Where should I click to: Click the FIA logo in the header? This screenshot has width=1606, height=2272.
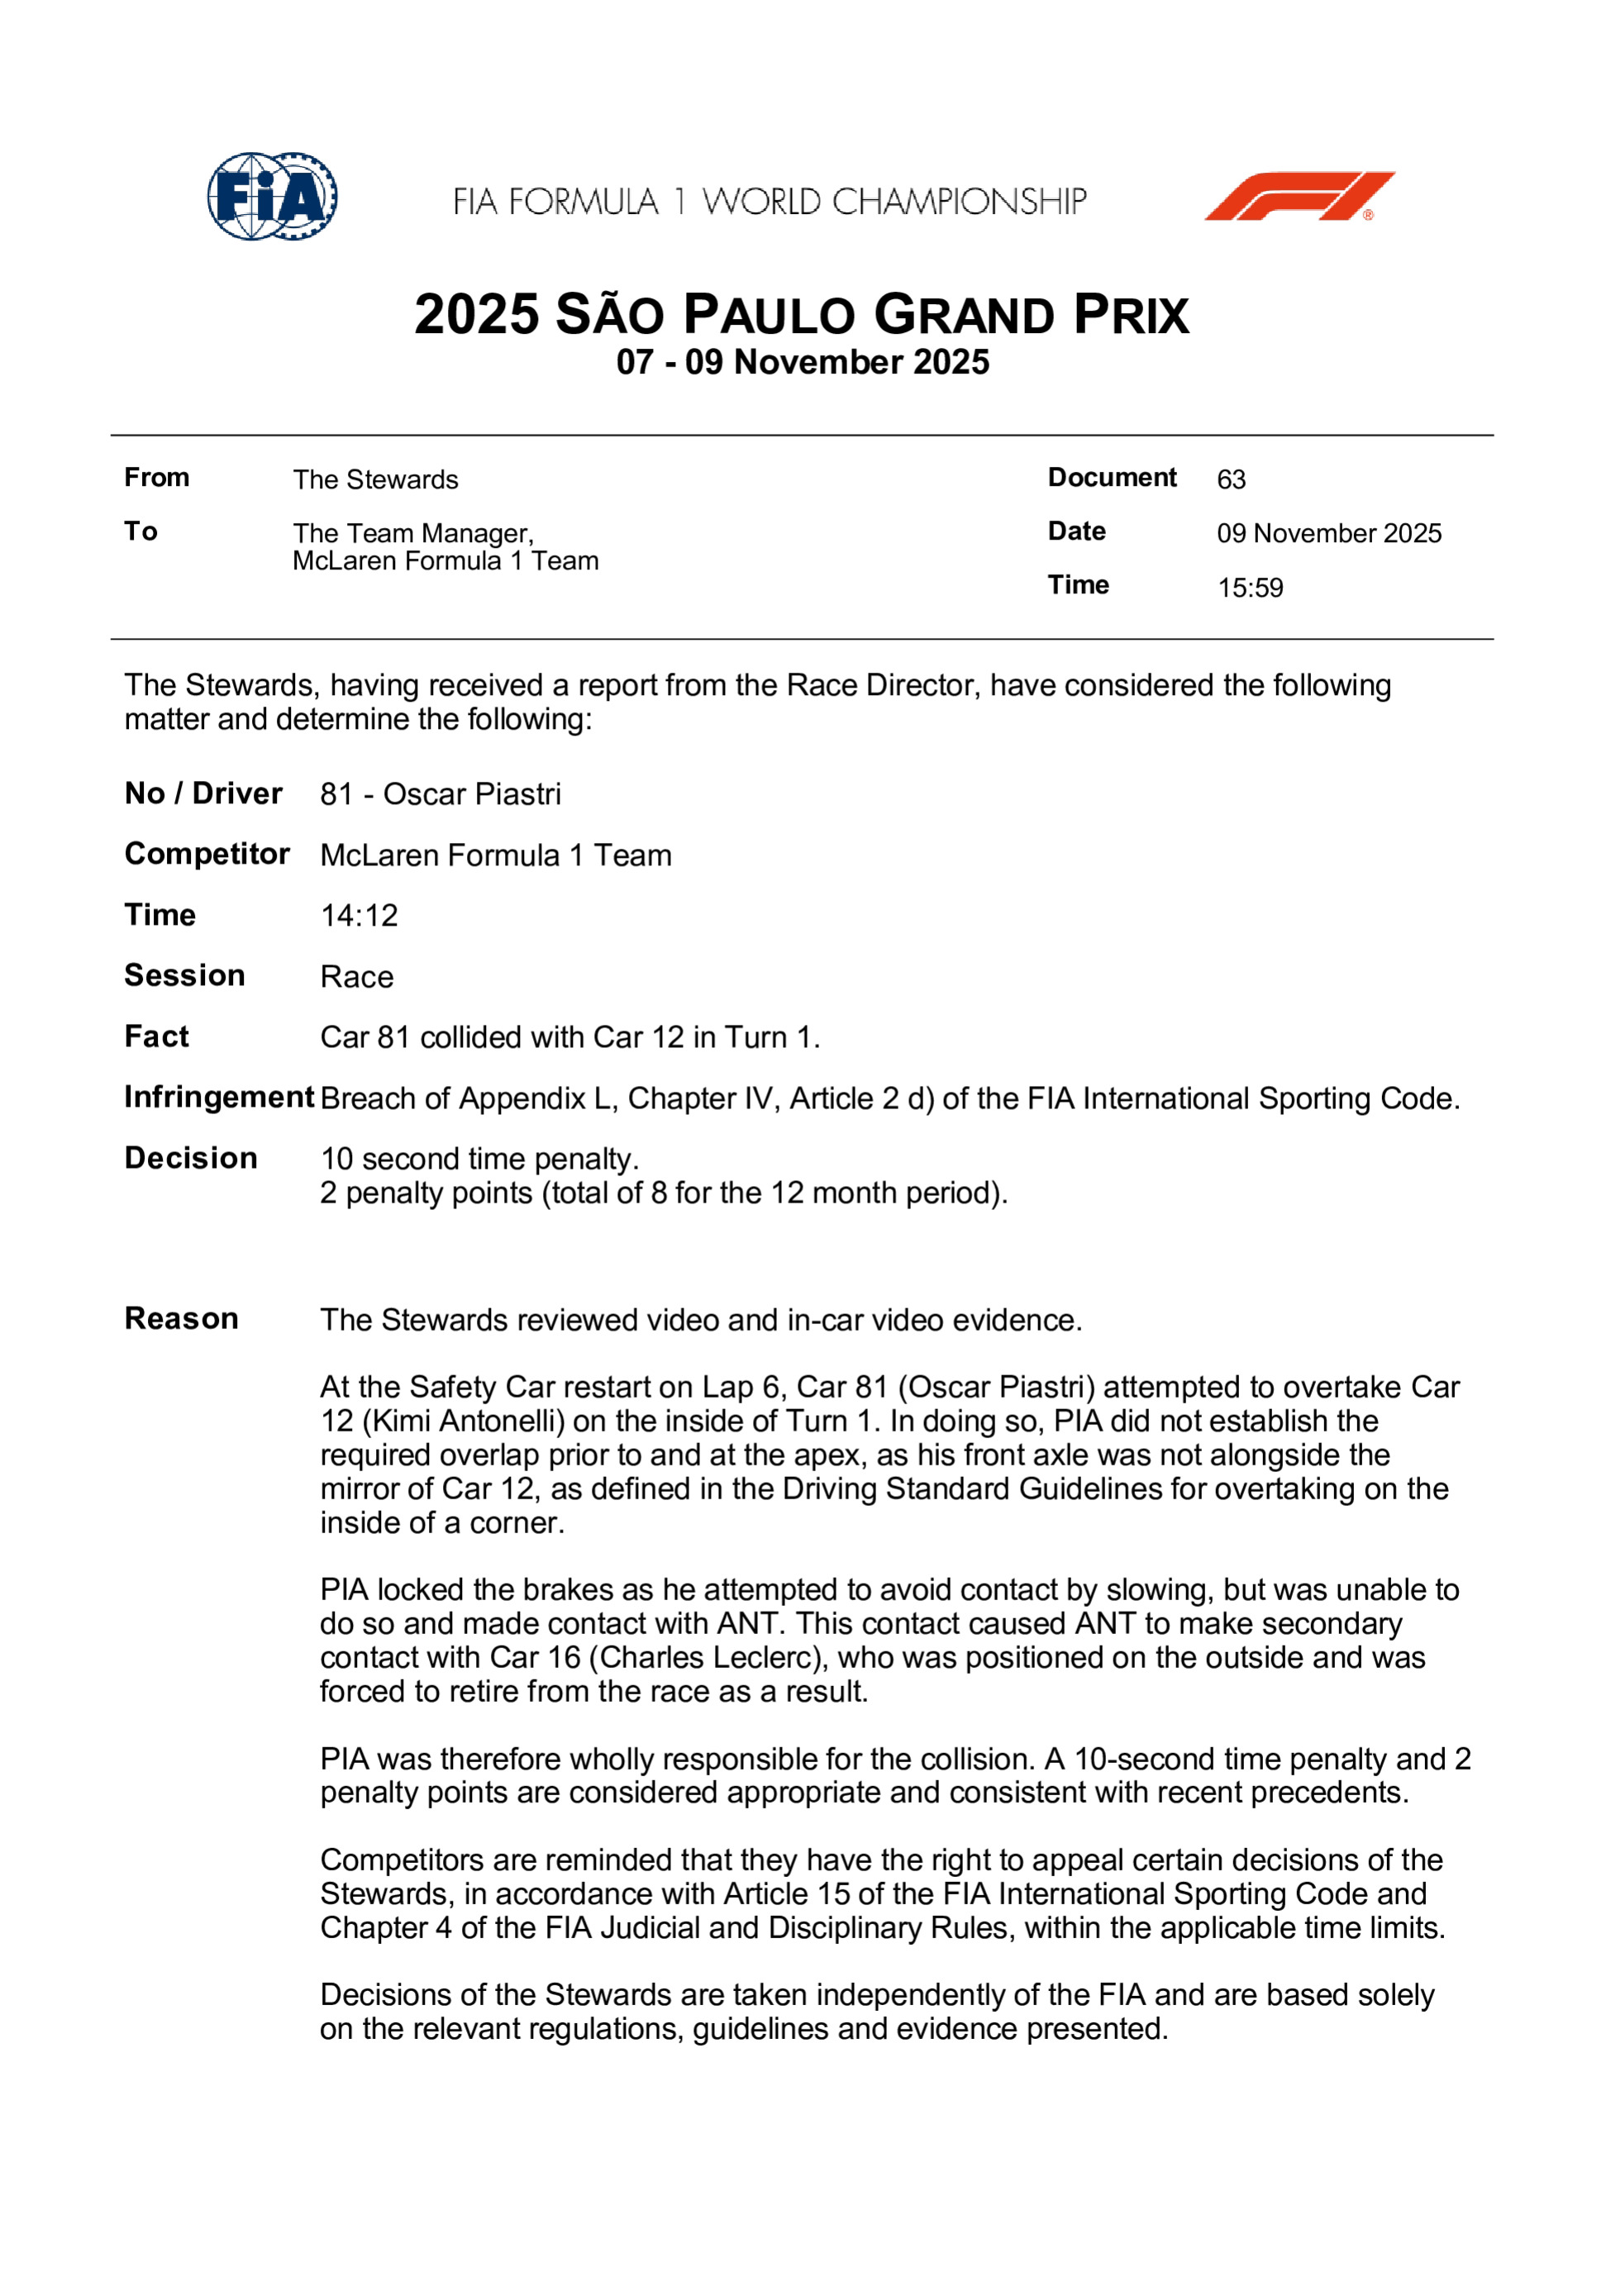pyautogui.click(x=272, y=196)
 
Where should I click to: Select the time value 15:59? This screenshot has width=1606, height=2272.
pyautogui.click(x=1250, y=588)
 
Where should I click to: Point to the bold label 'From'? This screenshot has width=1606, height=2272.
pyautogui.click(x=156, y=478)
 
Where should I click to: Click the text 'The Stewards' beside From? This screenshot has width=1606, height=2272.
pyautogui.click(x=375, y=480)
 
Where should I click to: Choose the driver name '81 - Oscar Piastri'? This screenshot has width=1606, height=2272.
pyautogui.click(x=441, y=793)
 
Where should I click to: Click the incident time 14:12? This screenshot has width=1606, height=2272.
pyautogui.click(x=358, y=916)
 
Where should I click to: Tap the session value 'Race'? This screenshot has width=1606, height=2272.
pyautogui.click(x=356, y=977)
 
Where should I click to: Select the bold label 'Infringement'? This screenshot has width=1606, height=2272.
pyautogui.click(x=219, y=1098)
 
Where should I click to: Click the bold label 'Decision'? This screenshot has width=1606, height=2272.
pyautogui.click(x=191, y=1158)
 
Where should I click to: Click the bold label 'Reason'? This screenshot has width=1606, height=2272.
pyautogui.click(x=181, y=1319)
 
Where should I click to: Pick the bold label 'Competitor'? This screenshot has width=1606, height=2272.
pyautogui.click(x=207, y=854)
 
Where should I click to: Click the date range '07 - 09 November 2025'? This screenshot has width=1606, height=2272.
pyautogui.click(x=803, y=362)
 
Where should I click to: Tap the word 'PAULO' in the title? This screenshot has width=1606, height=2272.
pyautogui.click(x=769, y=316)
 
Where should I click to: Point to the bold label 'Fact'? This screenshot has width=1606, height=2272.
pyautogui.click(x=156, y=1037)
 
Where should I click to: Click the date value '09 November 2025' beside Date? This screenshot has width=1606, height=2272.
pyautogui.click(x=1329, y=533)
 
